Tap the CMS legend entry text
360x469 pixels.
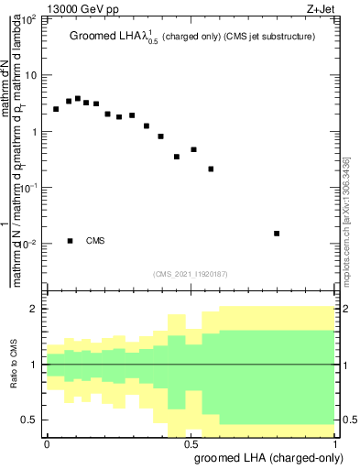[x=95, y=241]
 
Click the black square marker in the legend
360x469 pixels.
[x=70, y=241]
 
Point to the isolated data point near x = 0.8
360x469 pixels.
[x=277, y=234]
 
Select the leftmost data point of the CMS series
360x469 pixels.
[x=56, y=109]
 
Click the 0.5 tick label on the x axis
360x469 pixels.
[x=191, y=442]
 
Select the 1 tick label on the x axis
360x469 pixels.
[x=335, y=442]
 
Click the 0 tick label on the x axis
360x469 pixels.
[x=47, y=442]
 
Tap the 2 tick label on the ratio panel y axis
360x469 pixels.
[x=35, y=310]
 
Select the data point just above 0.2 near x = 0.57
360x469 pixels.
[x=211, y=169]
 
